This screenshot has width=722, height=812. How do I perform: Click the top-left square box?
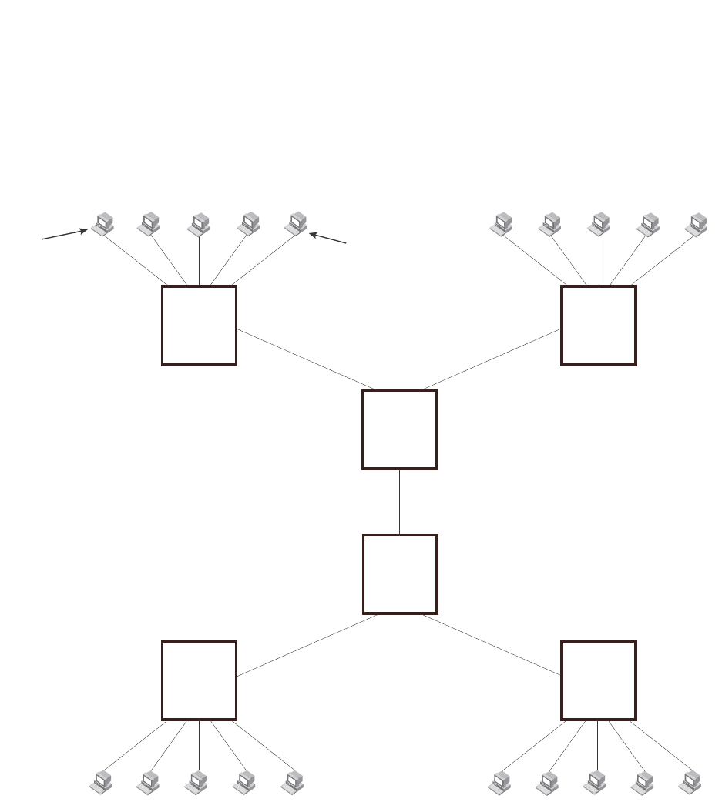click(199, 326)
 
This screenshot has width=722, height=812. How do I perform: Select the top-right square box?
click(599, 326)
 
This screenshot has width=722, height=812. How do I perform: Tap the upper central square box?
click(399, 429)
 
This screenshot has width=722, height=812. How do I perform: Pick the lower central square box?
click(399, 574)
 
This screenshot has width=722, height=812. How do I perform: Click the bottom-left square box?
click(199, 680)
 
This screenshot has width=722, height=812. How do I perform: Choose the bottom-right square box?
click(599, 680)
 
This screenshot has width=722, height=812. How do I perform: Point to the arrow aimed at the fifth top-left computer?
click(328, 237)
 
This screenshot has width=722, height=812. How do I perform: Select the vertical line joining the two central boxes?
click(399, 502)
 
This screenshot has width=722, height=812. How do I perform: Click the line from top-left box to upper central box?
click(306, 359)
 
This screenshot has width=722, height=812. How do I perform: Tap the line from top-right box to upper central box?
click(492, 359)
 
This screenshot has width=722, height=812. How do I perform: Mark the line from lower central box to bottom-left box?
click(307, 645)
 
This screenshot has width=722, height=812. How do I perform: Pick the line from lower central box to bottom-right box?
click(492, 645)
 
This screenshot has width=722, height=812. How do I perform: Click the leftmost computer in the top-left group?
click(102, 224)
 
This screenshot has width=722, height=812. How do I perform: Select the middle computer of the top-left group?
click(200, 224)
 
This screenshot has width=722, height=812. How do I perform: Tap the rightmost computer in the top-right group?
click(697, 224)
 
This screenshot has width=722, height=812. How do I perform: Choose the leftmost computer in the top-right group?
click(502, 224)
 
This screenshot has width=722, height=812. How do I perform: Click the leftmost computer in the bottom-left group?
click(101, 782)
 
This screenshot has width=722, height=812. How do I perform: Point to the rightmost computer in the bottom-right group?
click(690, 782)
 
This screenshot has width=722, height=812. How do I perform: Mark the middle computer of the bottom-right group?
click(595, 782)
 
